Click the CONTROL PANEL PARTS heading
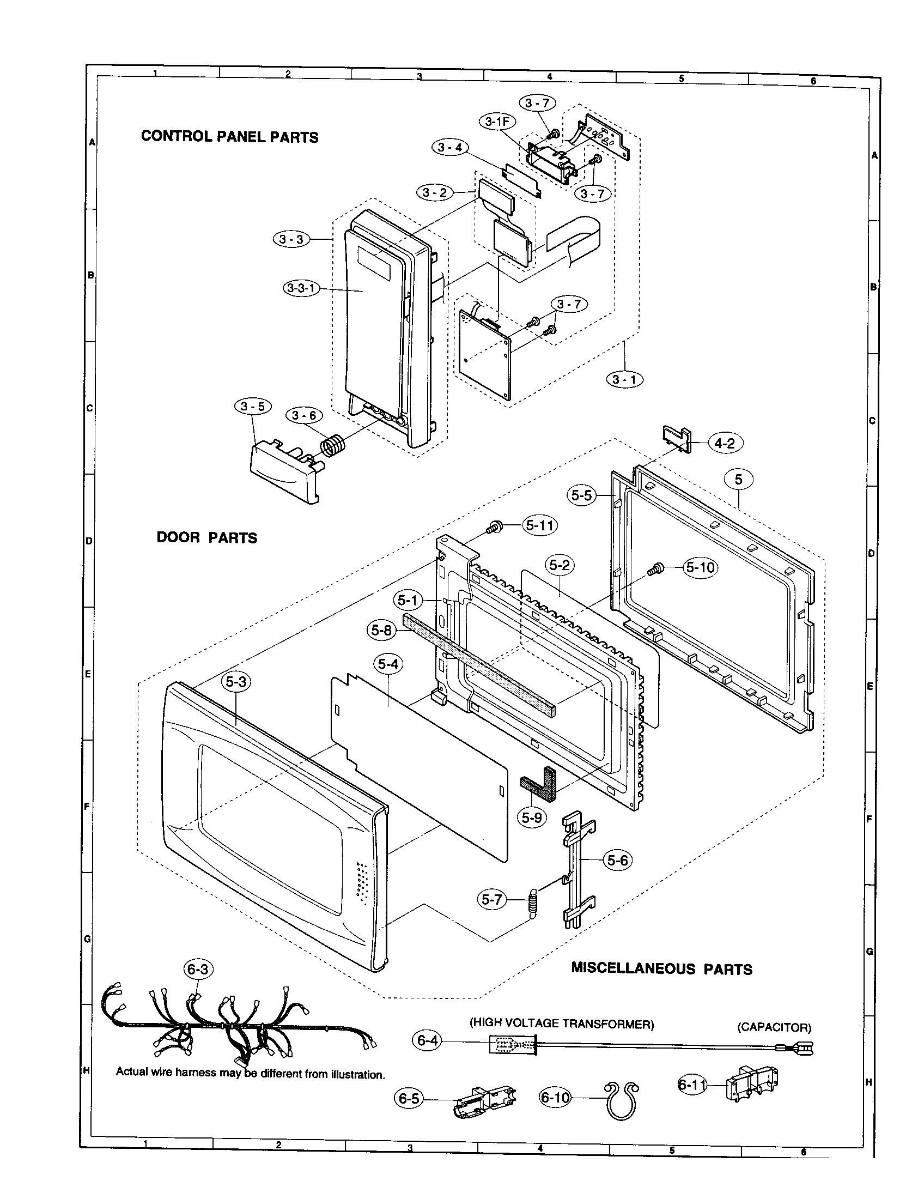[x=229, y=137]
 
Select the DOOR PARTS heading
[x=207, y=537]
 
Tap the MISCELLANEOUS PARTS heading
[x=661, y=968]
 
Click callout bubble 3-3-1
[x=302, y=288]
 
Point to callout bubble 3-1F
[x=496, y=123]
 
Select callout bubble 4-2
[x=725, y=444]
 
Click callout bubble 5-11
[x=540, y=525]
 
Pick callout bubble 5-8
[x=381, y=631]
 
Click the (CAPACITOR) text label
[x=774, y=1027]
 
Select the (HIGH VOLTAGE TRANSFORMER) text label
[x=561, y=1024]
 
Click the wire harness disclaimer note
[x=250, y=1074]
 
